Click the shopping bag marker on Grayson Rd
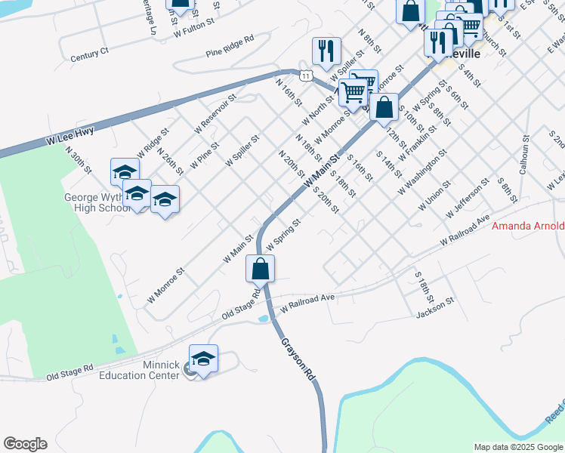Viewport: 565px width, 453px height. click(260, 268)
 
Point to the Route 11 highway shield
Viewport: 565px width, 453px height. click(304, 75)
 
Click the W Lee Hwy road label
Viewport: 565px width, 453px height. click(70, 135)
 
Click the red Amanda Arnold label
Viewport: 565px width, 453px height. click(528, 226)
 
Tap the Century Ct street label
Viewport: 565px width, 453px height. click(90, 54)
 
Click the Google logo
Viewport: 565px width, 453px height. click(25, 444)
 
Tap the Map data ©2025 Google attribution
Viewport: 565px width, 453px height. click(517, 447)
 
